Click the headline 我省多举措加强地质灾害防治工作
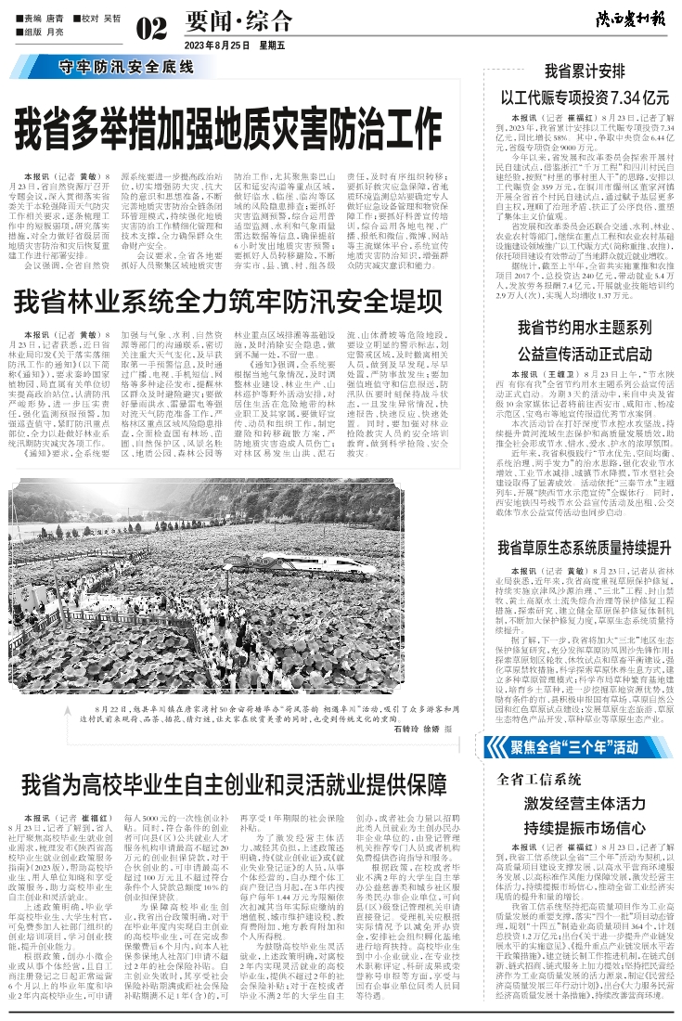pos(228,126)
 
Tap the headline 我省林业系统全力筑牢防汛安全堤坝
pos(227,301)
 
